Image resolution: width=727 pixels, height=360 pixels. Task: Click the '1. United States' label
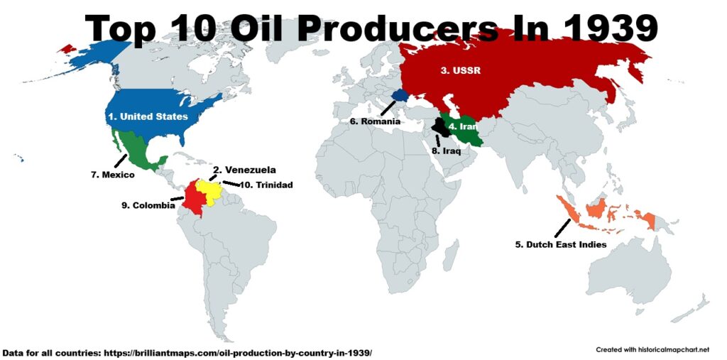pyautogui.click(x=148, y=116)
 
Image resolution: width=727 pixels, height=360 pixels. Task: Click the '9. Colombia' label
pyautogui.click(x=148, y=206)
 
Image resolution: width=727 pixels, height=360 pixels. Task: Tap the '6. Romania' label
pyautogui.click(x=375, y=121)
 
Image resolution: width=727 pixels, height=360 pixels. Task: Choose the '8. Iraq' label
pyautogui.click(x=447, y=151)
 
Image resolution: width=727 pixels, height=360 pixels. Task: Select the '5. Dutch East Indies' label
pyautogui.click(x=560, y=245)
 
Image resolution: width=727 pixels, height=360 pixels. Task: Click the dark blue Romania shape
pyautogui.click(x=400, y=94)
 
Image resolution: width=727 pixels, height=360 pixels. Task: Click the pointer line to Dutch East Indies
pyautogui.click(x=562, y=228)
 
